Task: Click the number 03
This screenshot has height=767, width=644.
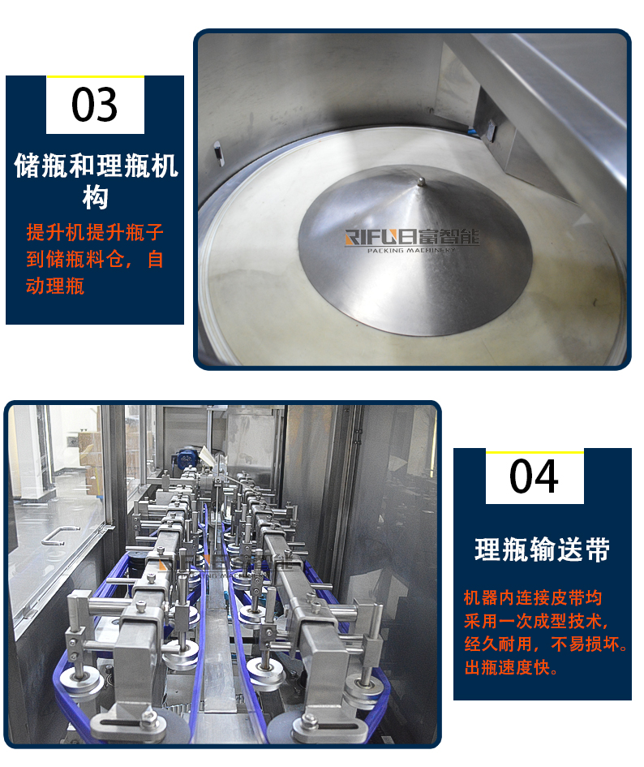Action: pos(94,105)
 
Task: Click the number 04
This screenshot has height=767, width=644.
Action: pos(534,476)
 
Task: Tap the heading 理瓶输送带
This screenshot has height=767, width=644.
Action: pos(542,549)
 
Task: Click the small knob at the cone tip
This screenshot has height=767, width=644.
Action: pos(420,183)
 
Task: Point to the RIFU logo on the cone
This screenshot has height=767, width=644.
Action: pos(412,237)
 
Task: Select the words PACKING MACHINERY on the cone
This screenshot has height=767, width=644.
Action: pos(411,250)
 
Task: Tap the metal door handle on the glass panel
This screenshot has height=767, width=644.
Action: pos(60,536)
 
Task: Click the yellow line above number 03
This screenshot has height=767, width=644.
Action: pos(95,77)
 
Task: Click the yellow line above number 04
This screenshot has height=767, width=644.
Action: pos(535,452)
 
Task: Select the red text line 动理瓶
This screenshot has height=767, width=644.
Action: pos(55,287)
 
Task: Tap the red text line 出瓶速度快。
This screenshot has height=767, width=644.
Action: pos(511,667)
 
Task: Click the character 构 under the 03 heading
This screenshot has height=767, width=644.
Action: pos(95,197)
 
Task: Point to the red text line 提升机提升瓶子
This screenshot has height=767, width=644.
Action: pos(95,232)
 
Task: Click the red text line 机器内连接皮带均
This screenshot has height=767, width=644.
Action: pos(533,597)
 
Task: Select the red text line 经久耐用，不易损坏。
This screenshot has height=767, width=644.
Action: pos(546,644)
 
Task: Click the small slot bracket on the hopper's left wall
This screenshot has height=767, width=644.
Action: pos(218,152)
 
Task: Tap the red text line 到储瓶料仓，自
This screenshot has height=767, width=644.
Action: pos(95,259)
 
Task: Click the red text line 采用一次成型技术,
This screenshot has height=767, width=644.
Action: pos(536,621)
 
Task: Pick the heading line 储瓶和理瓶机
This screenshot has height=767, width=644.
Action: pos(96,166)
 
